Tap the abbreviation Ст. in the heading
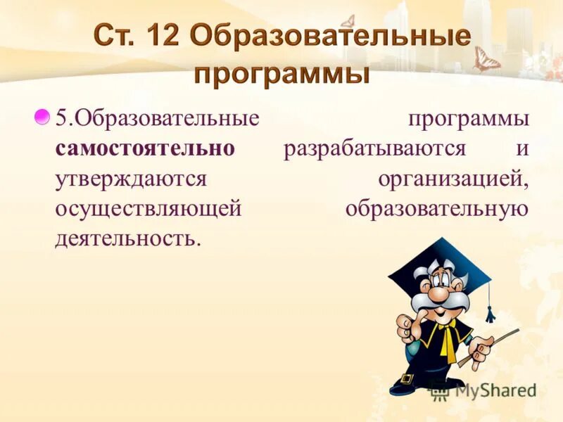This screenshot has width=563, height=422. pyautogui.click(x=113, y=36)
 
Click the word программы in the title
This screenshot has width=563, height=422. pyautogui.click(x=281, y=72)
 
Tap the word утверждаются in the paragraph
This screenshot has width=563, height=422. pyautogui.click(x=130, y=179)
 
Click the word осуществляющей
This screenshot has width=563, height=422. pyautogui.click(x=148, y=208)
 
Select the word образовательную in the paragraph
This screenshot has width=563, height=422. pyautogui.click(x=436, y=208)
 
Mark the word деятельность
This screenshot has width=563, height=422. pyautogui.click(x=127, y=238)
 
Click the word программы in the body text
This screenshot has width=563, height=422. pyautogui.click(x=468, y=119)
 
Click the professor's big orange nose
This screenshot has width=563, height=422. pyautogui.click(x=437, y=290)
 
